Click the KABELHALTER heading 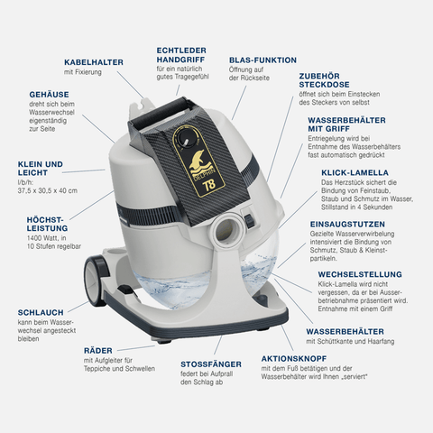[94, 62]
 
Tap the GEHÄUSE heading [49, 95]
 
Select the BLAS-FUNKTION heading [263, 60]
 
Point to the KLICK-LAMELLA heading [355, 172]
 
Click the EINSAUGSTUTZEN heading [347, 225]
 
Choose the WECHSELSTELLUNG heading [360, 274]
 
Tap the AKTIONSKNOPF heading [294, 359]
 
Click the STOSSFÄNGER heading [211, 364]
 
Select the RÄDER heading [98, 351]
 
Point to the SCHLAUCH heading [41, 312]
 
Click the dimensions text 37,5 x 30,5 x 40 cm [48, 190]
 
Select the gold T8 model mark [209, 185]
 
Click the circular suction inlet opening [227, 230]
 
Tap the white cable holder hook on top [141, 106]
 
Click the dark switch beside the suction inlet [249, 220]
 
